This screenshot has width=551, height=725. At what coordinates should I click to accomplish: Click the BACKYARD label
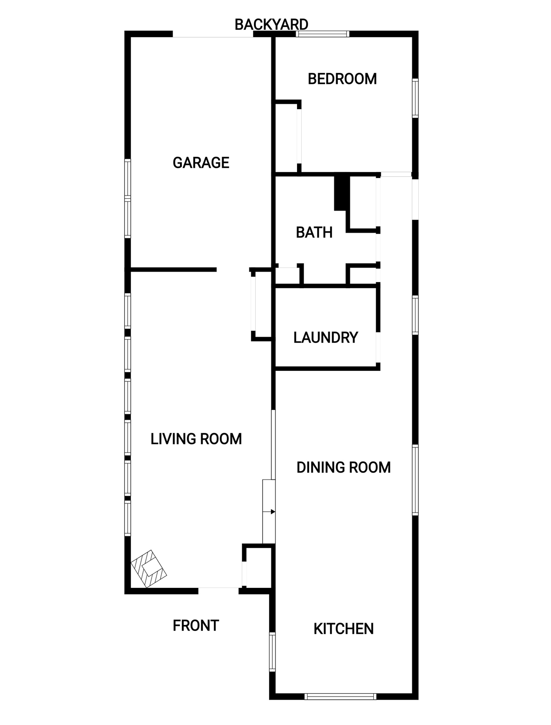click(271, 24)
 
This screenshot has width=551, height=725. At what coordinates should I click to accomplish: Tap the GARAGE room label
click(201, 162)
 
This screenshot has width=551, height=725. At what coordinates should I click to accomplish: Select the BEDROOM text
click(342, 79)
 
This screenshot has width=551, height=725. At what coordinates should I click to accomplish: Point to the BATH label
click(314, 232)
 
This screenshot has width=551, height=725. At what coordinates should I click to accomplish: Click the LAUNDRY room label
click(326, 338)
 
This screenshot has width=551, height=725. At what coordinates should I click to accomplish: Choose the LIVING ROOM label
click(196, 439)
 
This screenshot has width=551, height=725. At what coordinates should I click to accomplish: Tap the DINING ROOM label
click(343, 468)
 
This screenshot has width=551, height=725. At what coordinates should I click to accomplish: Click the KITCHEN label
click(343, 629)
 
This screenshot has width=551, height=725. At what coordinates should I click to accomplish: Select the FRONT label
click(196, 625)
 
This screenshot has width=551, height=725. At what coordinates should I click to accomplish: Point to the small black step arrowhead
click(273, 512)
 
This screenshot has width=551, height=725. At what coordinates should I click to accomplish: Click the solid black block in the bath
click(342, 192)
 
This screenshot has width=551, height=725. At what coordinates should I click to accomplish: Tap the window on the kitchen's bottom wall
click(340, 696)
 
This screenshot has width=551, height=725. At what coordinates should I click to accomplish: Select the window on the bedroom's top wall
click(322, 33)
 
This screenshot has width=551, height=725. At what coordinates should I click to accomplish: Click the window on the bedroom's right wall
click(415, 98)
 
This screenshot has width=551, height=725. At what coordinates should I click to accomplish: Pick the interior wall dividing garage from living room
click(174, 269)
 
